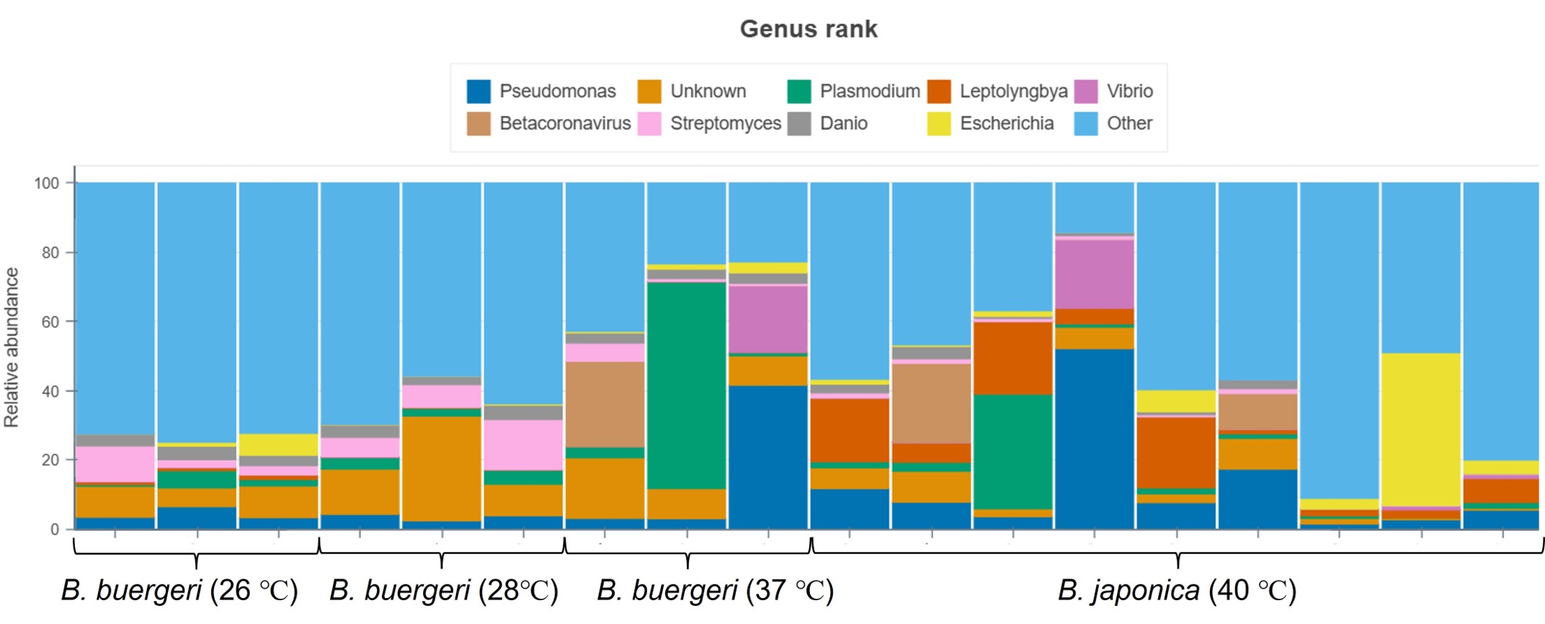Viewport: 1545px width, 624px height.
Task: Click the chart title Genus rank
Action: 809,29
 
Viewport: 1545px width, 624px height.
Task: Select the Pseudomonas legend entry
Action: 541,92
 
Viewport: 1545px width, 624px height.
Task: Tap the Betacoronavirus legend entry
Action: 548,123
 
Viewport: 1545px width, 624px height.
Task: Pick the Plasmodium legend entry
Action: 854,92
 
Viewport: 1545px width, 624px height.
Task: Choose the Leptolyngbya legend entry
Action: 997,92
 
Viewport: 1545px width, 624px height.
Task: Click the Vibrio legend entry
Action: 1113,92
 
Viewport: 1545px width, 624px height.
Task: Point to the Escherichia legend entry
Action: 990,123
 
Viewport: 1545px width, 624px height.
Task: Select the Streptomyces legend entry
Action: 709,123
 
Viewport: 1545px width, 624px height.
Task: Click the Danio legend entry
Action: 827,123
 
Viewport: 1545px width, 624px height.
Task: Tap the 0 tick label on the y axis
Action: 55,529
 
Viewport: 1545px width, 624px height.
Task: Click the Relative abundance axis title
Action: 12,347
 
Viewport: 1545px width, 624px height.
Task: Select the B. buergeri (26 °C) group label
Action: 179,590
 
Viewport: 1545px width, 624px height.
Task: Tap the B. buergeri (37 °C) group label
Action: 716,590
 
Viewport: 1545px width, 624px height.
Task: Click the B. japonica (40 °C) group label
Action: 1177,590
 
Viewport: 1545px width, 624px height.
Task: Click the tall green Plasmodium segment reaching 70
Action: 687,385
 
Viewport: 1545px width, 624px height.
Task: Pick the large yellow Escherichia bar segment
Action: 1421,429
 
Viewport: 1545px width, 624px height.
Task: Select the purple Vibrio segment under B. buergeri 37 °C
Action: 768,319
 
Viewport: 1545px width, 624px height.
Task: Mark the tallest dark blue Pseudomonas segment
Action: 1095,439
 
